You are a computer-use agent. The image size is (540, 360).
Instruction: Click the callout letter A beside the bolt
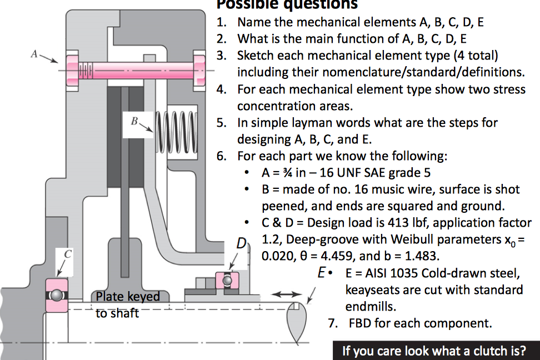[34, 54]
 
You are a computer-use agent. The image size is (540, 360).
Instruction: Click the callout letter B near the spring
[134, 119]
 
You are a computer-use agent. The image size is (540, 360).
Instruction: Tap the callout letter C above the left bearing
[68, 253]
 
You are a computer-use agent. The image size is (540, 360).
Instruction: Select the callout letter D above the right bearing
[241, 243]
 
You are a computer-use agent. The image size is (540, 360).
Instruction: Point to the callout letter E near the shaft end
[321, 273]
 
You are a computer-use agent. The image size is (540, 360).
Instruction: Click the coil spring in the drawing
[177, 134]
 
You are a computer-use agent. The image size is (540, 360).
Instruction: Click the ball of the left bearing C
[56, 294]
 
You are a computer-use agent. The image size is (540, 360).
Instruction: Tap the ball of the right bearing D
[227, 281]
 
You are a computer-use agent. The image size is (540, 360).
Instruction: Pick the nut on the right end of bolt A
[199, 71]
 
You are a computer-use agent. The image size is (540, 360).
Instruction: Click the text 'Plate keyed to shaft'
[127, 304]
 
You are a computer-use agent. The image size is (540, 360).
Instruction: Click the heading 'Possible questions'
[287, 5]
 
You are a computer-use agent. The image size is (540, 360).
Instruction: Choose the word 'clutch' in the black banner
[491, 351]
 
